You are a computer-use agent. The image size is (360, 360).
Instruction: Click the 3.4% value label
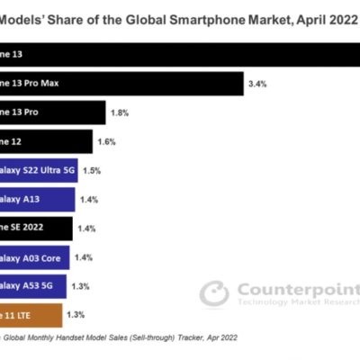click(x=256, y=85)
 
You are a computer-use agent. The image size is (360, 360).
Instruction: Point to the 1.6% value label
click(x=106, y=142)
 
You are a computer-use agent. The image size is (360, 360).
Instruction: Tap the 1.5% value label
click(x=91, y=170)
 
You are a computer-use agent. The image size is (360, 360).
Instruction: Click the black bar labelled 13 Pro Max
click(x=121, y=85)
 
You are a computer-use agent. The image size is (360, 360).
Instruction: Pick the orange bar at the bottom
click(x=31, y=315)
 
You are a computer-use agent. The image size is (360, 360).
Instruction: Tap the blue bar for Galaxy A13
click(x=37, y=199)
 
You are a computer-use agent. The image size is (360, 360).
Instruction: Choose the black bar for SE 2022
click(x=36, y=228)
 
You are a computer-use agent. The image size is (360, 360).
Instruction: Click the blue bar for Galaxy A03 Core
click(x=37, y=256)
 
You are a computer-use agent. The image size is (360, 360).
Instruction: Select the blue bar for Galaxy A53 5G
click(x=35, y=286)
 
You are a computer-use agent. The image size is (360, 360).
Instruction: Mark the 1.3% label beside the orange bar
click(x=76, y=315)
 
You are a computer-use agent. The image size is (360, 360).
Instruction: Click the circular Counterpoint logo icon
click(x=214, y=293)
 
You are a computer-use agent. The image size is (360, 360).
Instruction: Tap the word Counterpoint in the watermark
click(x=297, y=289)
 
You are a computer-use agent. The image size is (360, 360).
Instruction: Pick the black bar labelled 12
click(x=46, y=141)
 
